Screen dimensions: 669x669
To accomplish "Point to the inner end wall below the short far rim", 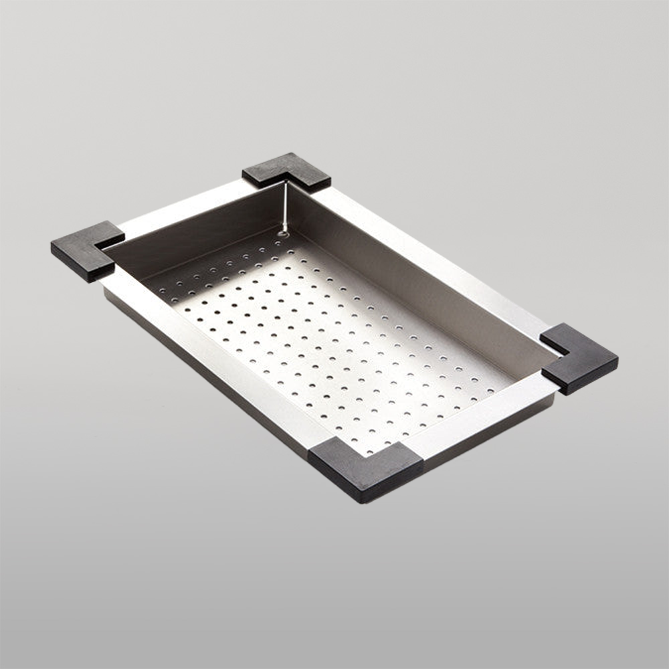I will click(x=201, y=234).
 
